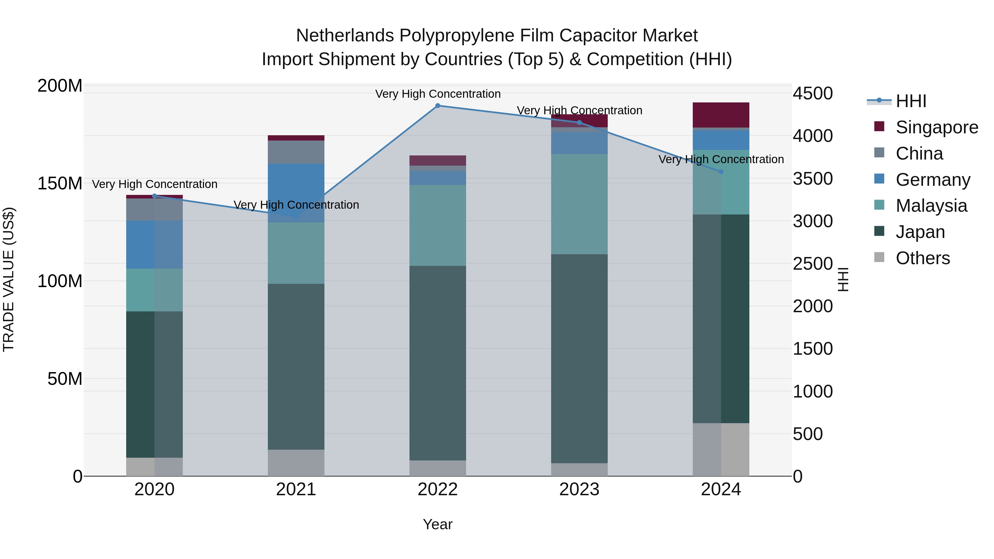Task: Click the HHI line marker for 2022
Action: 438,106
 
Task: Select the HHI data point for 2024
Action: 721,172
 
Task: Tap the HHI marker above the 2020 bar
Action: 154,196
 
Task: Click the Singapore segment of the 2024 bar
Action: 721,115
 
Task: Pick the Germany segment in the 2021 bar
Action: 296,193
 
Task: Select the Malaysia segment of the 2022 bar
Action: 438,225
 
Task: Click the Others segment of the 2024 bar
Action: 721,449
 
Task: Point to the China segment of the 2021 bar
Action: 296,152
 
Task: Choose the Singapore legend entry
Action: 937,127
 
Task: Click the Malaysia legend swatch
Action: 879,205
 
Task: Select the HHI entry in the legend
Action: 911,101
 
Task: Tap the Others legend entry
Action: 922,258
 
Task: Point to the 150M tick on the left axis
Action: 60,184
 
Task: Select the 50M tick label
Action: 64,379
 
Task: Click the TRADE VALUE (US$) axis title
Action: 9,279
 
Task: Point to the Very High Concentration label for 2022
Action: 438,94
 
